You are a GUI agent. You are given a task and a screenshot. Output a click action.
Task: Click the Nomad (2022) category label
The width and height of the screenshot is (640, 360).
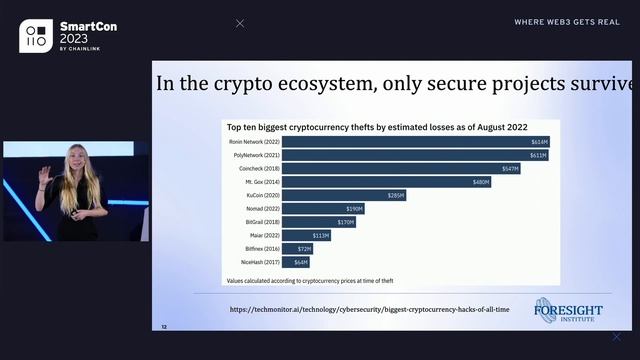246,208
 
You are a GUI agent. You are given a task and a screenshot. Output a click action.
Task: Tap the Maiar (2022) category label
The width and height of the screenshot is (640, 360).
246,235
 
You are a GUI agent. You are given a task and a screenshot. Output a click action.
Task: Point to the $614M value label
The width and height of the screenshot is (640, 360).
540,142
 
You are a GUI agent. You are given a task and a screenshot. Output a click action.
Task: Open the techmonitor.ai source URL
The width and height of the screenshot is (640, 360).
368,309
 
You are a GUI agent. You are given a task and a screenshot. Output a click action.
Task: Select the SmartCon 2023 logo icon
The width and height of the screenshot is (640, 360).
36,36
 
